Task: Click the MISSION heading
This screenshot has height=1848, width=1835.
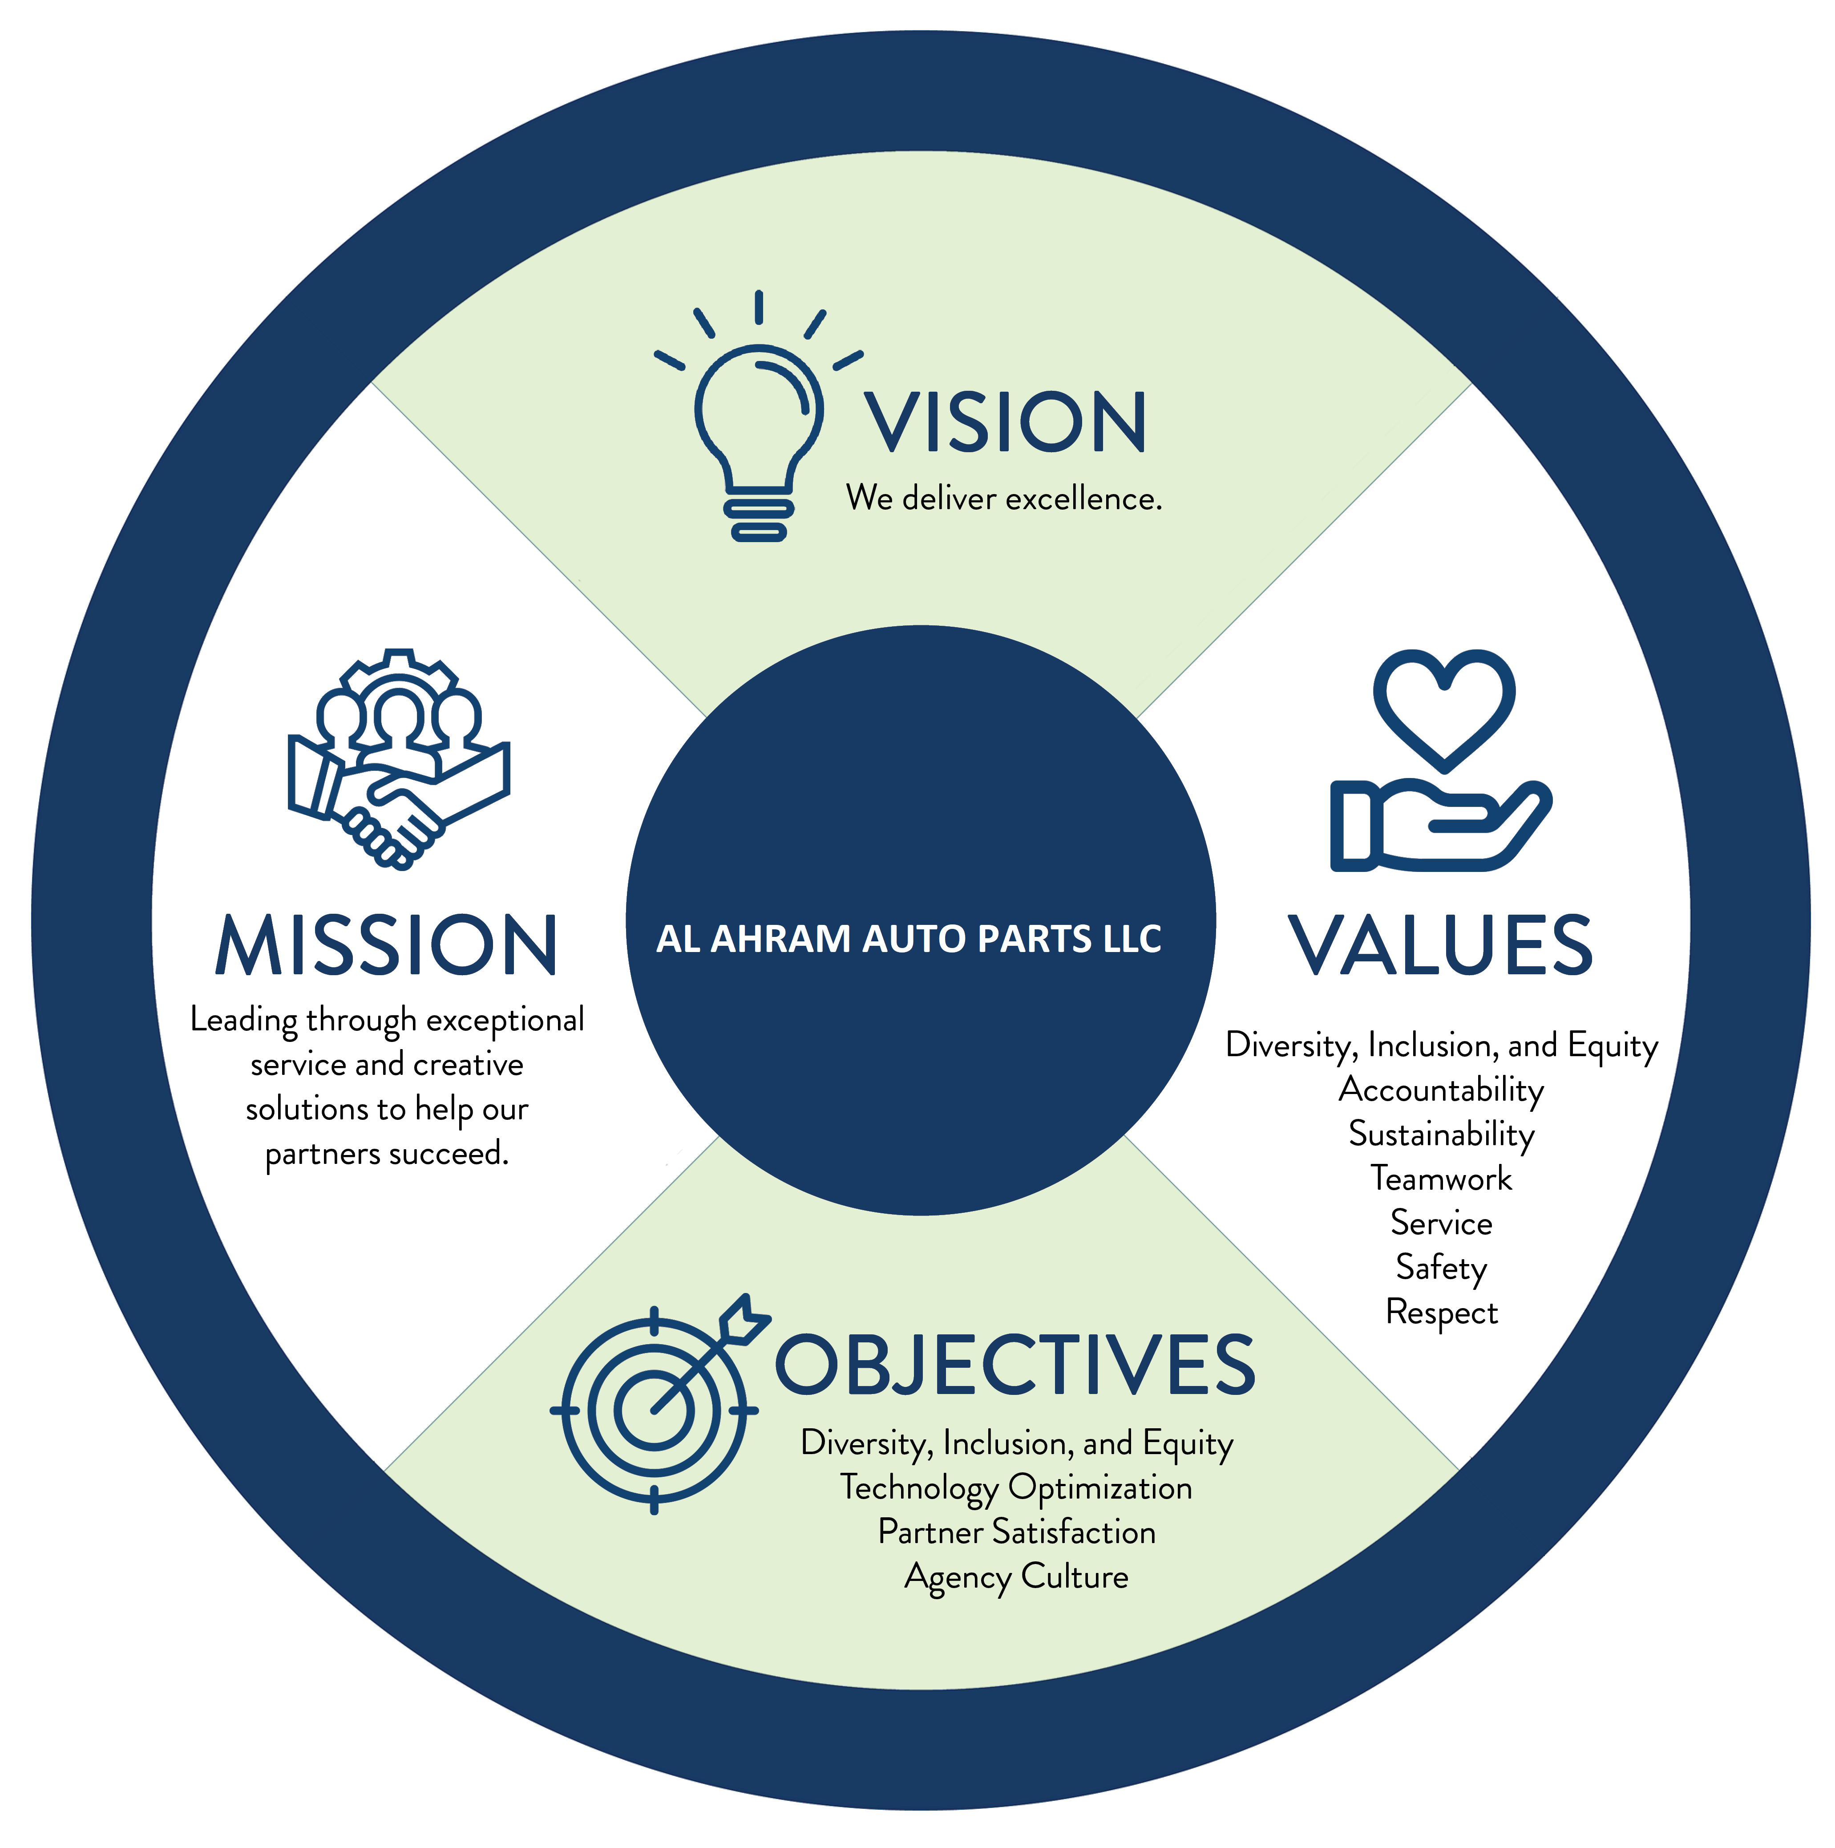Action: pos(386,946)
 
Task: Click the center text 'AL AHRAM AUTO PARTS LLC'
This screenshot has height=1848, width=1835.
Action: pos(909,939)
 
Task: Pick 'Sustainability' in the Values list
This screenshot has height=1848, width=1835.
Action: pos(1441,1135)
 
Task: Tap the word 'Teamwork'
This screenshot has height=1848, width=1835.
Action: pos(1441,1179)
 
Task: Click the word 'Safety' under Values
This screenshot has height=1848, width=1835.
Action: pos(1441,1268)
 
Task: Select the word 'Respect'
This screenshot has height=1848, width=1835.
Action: pos(1441,1313)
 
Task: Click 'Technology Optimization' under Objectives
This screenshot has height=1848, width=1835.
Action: pos(1015,1488)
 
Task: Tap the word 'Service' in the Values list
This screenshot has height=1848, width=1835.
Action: pos(1441,1224)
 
